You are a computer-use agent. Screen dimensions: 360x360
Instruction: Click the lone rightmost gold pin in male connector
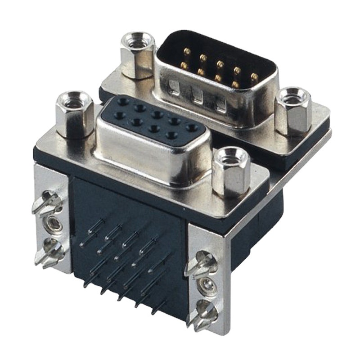(255, 76)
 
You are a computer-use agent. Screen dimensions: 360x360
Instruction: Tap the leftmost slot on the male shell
(174, 87)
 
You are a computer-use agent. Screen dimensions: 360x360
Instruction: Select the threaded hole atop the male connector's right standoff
(293, 95)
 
